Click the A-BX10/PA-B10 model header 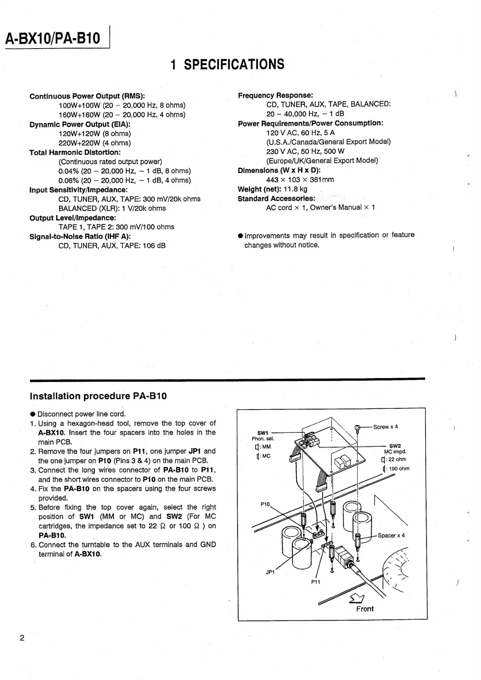click(x=53, y=38)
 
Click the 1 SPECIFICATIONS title click(x=227, y=64)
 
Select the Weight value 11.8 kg click(x=295, y=189)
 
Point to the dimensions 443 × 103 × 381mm click(x=300, y=180)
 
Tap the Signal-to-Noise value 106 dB click(x=154, y=245)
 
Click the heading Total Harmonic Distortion click(x=75, y=152)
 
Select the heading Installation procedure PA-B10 click(x=98, y=396)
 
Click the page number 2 click(x=22, y=638)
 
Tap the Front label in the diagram click(x=365, y=609)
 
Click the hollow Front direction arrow click(x=357, y=598)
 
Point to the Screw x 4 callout click(x=385, y=427)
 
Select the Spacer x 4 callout click(x=391, y=535)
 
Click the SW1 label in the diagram click(x=263, y=433)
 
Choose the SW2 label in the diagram click(x=395, y=446)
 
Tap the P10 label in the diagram click(x=265, y=504)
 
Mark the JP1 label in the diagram click(x=270, y=572)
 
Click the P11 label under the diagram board click(x=315, y=582)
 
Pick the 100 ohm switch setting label click(x=398, y=469)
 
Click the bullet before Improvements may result click(x=240, y=236)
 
